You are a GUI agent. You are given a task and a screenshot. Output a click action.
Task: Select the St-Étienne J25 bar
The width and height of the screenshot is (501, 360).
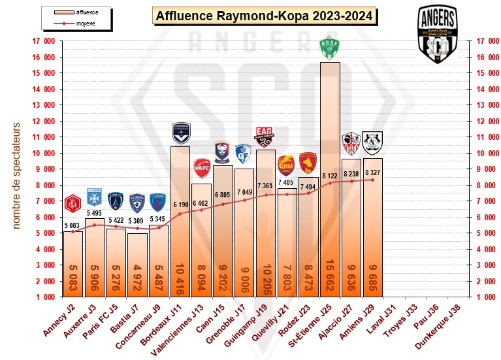(329, 183)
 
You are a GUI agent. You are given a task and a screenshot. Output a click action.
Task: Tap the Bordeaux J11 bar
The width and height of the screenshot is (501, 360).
(180, 222)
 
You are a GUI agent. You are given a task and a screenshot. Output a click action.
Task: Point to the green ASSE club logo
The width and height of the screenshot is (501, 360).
(329, 48)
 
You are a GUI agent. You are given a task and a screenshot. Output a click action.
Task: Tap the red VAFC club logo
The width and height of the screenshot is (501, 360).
(202, 169)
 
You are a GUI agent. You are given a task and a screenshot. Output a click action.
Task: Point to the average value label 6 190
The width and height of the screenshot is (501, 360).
(180, 205)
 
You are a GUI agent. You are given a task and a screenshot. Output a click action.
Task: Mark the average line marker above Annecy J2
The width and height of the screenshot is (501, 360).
(73, 231)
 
